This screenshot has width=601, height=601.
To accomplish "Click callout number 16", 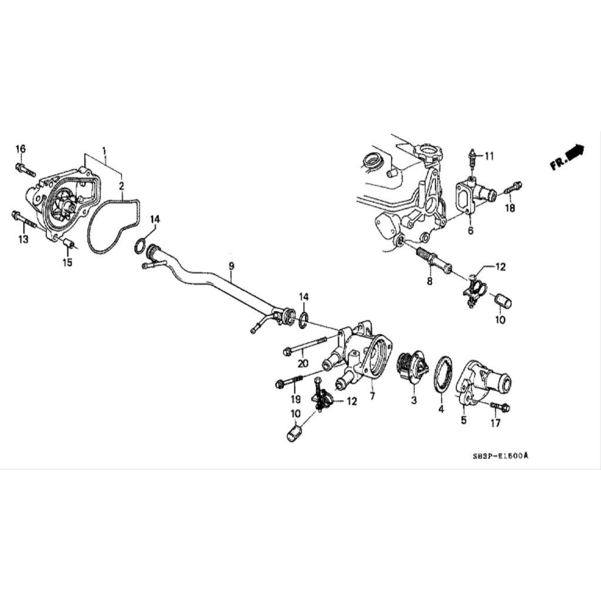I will click(x=21, y=149).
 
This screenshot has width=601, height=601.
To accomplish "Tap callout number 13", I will click(x=23, y=239).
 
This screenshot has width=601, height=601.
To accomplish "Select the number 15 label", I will click(x=67, y=262).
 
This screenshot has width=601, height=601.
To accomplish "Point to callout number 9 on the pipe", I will click(x=231, y=266).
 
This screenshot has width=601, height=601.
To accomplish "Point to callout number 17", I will click(x=495, y=423).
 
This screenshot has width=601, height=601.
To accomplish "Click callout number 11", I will click(x=489, y=156).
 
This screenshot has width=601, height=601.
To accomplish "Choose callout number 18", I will click(x=509, y=208).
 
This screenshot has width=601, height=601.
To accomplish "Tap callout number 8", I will click(x=429, y=281).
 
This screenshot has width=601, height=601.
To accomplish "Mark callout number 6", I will click(x=470, y=231).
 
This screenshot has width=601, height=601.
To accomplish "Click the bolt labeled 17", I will click(x=499, y=407).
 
